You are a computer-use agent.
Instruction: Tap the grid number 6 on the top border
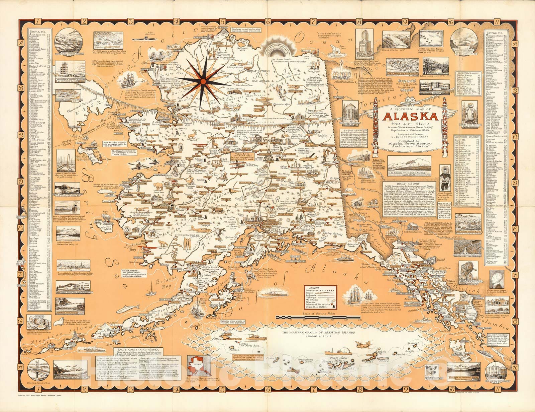point(267,21)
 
